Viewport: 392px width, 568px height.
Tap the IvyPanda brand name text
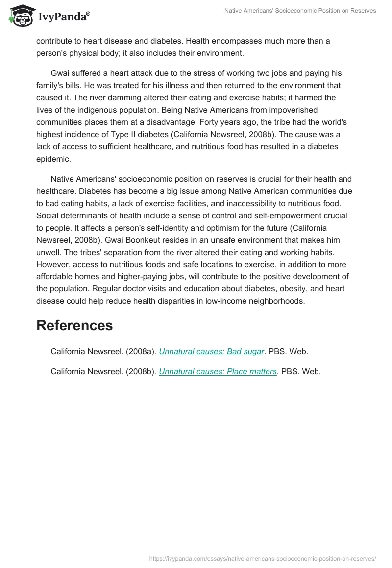tap(64, 17)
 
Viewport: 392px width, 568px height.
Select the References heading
tap(74, 325)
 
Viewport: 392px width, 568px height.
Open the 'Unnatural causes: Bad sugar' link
tap(212, 351)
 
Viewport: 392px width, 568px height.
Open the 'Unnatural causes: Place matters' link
tap(218, 371)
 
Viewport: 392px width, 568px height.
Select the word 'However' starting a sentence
tap(52, 264)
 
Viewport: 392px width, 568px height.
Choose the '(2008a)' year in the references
tap(141, 351)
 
